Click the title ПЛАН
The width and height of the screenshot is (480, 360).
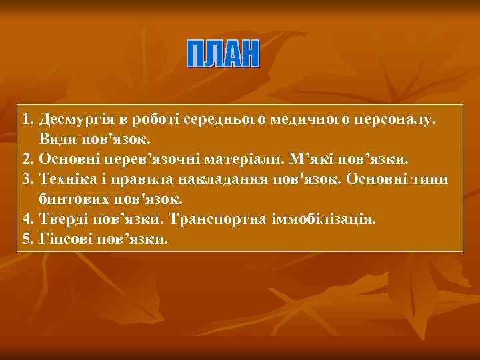pyautogui.click(x=222, y=53)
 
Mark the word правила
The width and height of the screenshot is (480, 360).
pyautogui.click(x=145, y=179)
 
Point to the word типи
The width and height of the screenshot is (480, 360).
pyautogui.click(x=433, y=179)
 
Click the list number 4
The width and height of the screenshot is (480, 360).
pyautogui.click(x=26, y=219)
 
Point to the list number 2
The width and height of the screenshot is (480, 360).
pyautogui.click(x=26, y=159)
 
